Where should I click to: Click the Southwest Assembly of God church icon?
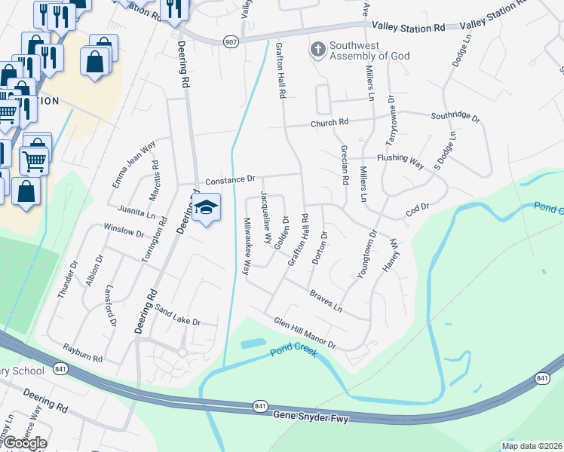318,50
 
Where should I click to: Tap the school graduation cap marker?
205,207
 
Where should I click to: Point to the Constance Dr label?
231,181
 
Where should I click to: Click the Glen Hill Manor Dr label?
304,331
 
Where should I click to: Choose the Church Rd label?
331,122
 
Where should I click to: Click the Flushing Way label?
400,159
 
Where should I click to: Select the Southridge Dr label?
455,117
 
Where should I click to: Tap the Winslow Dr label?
124,229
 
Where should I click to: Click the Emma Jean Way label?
133,165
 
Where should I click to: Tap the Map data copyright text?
532,446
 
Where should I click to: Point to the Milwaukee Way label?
247,246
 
